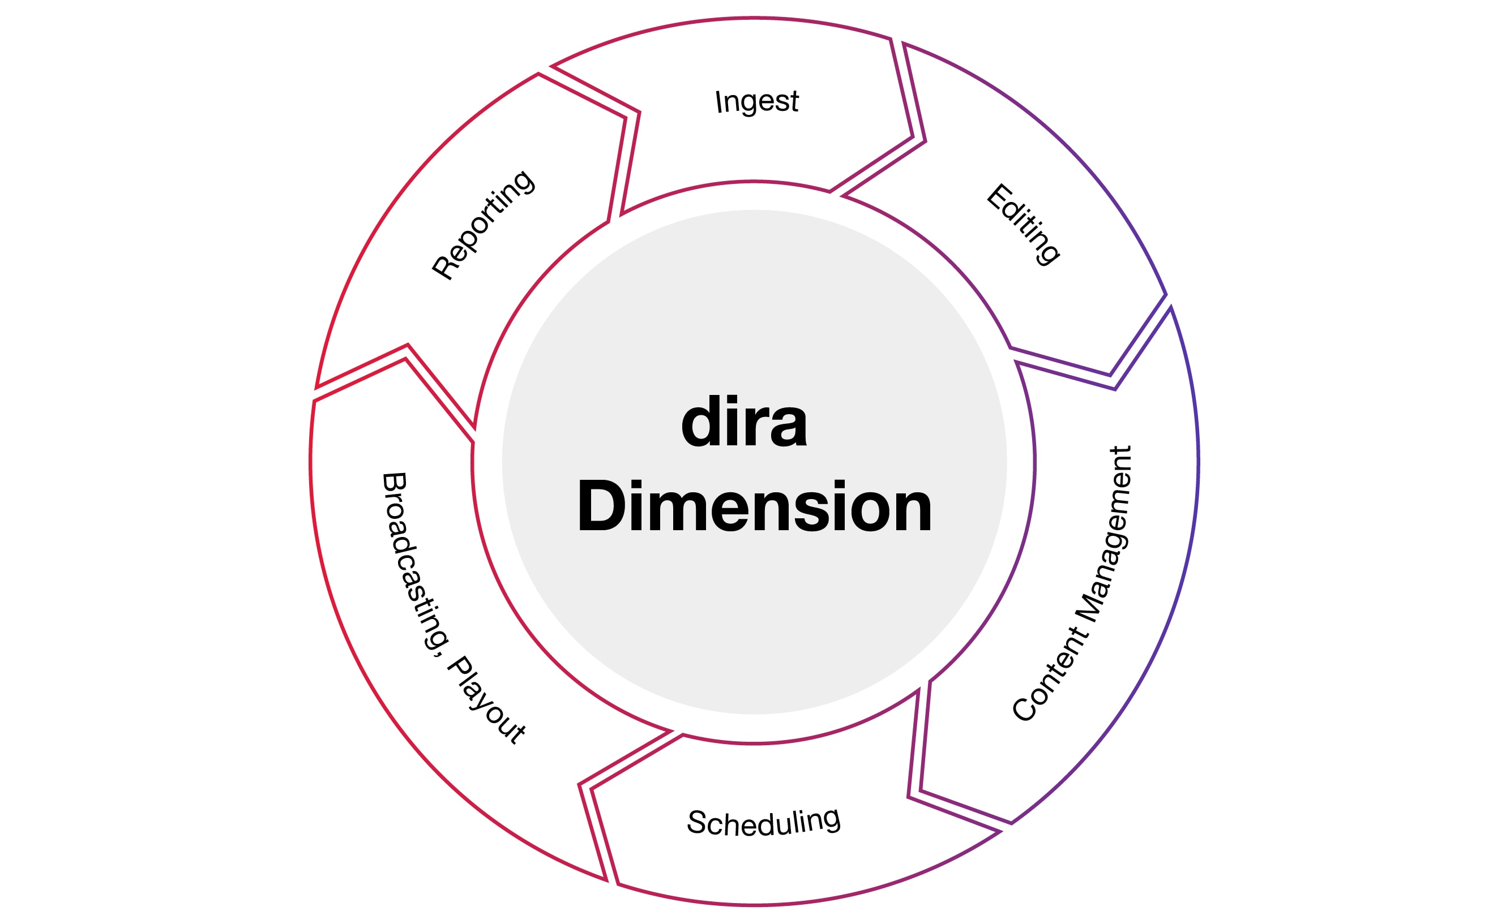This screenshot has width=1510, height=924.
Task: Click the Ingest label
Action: (x=757, y=101)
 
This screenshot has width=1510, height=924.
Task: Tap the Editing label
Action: (x=1023, y=224)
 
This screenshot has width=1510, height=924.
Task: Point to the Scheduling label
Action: (x=763, y=822)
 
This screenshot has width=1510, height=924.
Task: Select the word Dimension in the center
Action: (x=754, y=506)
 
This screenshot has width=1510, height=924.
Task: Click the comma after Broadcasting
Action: (x=439, y=650)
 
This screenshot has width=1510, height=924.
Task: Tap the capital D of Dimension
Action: (x=597, y=506)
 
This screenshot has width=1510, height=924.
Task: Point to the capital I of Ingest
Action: (x=718, y=102)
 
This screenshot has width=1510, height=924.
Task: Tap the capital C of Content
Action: (x=1024, y=710)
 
